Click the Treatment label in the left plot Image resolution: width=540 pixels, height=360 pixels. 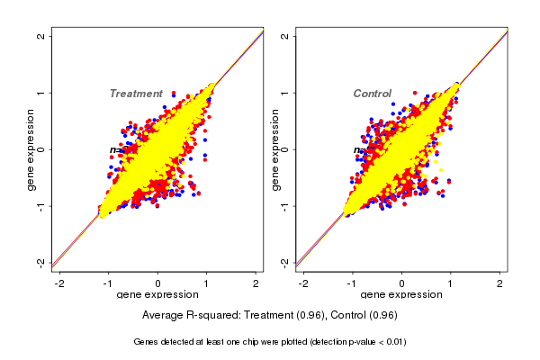(136, 94)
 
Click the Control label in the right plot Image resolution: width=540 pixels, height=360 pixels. (372, 94)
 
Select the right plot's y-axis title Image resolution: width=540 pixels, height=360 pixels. (274, 149)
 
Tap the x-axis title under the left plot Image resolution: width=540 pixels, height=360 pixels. (157, 295)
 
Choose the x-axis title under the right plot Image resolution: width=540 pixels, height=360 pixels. (401, 295)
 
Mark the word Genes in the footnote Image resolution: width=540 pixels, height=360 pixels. (147, 342)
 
